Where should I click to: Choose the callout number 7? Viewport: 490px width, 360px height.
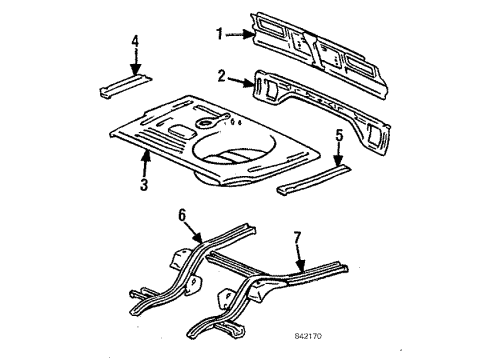click(x=297, y=237)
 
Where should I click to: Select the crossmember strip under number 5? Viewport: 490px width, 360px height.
click(x=314, y=180)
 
